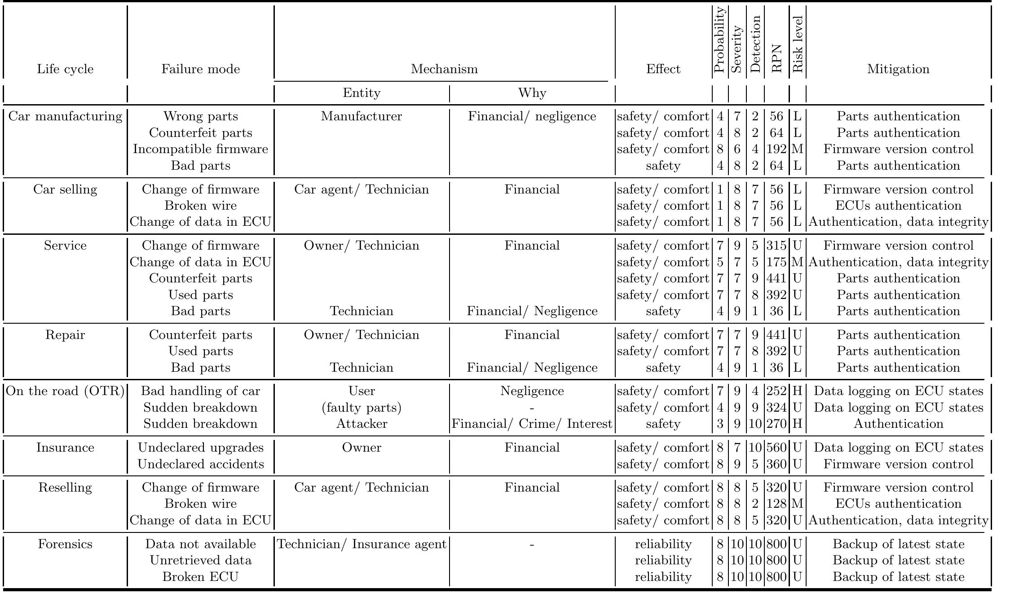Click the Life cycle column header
65,69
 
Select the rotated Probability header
719,40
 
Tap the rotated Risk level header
797,45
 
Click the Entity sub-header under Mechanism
362,93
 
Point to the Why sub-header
532,93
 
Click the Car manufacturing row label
65,116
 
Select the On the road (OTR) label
65,391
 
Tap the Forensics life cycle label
65,544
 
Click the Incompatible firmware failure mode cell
200,149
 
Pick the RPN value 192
776,149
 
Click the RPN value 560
776,448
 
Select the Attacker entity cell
362,424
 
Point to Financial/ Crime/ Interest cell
532,424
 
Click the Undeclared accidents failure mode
200,464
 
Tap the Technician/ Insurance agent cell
362,544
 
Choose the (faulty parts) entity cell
362,408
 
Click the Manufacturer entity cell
362,116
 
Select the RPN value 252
776,391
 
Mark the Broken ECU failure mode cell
200,576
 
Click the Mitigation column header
898,69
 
